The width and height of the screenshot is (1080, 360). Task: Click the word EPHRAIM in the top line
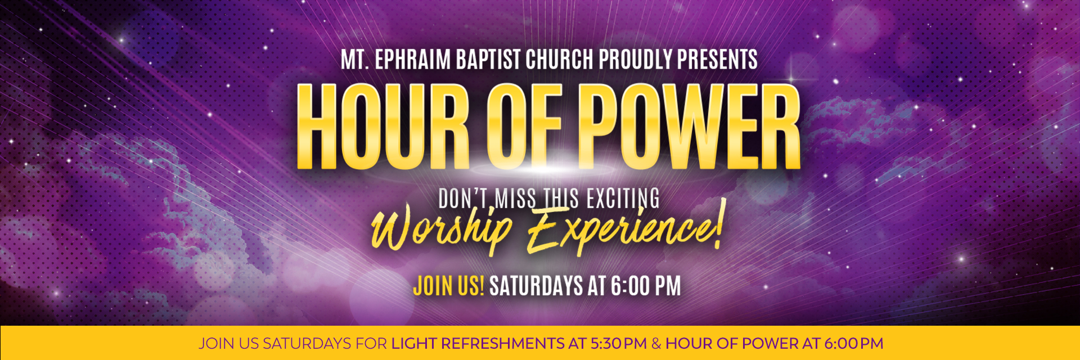[x=412, y=60]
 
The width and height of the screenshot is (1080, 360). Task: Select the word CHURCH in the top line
[x=560, y=60]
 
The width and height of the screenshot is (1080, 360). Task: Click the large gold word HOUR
[x=384, y=127]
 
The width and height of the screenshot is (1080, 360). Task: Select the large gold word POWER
[x=690, y=127]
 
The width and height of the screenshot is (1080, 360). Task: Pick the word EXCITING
[x=623, y=199]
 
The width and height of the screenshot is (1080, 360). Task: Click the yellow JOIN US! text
[x=448, y=286]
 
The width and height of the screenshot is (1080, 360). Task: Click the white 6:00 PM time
[x=646, y=286]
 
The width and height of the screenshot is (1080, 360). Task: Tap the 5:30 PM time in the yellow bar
[x=619, y=343]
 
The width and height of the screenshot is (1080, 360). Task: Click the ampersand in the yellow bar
[x=656, y=343]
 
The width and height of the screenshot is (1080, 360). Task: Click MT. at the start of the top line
[x=355, y=60]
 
